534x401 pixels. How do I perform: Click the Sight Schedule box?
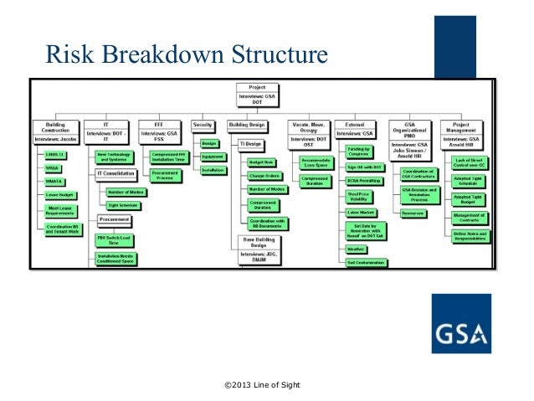(x=122, y=204)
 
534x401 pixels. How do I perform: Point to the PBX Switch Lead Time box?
(x=117, y=240)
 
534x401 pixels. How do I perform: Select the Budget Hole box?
(x=262, y=162)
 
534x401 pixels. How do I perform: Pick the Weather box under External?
(x=357, y=249)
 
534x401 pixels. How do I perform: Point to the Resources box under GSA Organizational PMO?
(x=413, y=213)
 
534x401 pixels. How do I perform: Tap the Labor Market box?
(x=360, y=213)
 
